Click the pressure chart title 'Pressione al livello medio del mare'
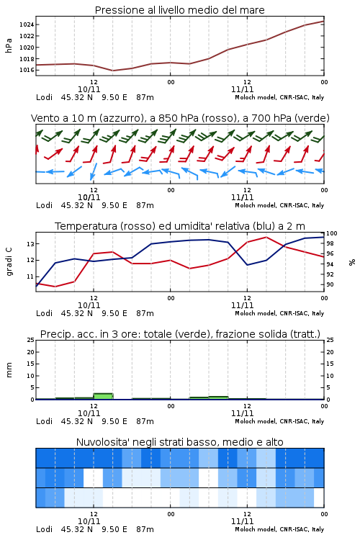tap(180, 10)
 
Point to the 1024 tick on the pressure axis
tap(27, 24)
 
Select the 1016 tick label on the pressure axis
tap(27, 70)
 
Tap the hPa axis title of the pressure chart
tap(9, 45)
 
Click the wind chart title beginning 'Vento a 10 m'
tap(180, 118)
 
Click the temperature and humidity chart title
tap(180, 226)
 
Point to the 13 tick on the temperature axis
tap(31, 244)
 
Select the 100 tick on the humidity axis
tap(332, 233)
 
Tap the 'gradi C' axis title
tap(9, 261)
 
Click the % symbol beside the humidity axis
tap(352, 262)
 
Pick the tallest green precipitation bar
tap(104, 396)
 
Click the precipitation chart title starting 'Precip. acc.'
tap(180, 334)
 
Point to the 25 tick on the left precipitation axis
tap(31, 340)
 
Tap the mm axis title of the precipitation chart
tap(9, 370)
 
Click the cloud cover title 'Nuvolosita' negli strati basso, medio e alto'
tap(180, 442)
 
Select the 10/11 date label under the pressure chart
tap(89, 89)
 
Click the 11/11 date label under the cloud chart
tap(242, 521)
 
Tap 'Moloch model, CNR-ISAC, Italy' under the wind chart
tap(279, 205)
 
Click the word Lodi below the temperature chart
tap(44, 313)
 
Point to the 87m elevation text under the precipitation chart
tap(145, 421)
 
